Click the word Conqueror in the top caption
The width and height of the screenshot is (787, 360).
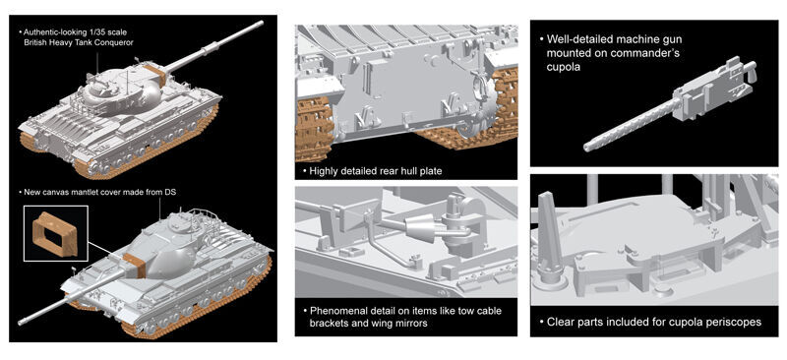(114, 42)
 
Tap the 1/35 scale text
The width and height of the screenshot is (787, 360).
(104, 32)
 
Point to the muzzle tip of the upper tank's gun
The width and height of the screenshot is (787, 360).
(262, 23)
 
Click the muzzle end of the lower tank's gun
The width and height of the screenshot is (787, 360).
(21, 322)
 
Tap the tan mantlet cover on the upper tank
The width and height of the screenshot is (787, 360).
(155, 73)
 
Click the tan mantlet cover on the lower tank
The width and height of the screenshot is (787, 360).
(135, 266)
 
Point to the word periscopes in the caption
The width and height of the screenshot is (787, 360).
(739, 322)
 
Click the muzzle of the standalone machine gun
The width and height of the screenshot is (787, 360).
(587, 148)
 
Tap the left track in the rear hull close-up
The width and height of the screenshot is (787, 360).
(315, 124)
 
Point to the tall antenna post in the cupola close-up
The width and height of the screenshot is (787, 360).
(547, 232)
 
